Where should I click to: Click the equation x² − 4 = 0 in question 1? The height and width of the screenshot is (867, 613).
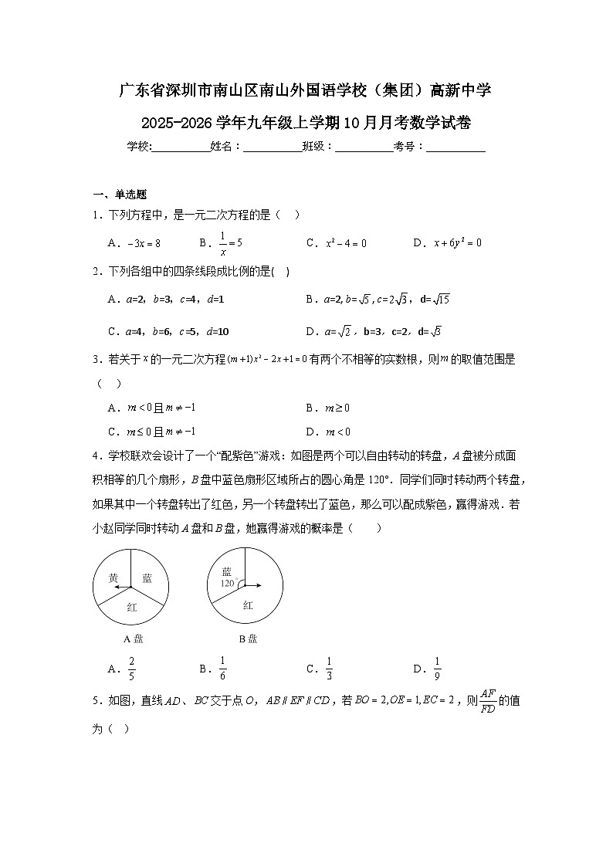346,243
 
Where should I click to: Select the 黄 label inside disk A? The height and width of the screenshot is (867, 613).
113,578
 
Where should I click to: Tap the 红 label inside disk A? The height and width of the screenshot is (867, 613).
131,608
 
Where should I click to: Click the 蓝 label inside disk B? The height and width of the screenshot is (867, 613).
227,571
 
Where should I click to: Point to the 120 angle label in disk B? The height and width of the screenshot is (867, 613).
227,584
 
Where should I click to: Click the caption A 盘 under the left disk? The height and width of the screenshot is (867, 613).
134,638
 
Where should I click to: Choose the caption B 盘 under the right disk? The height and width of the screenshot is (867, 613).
248,638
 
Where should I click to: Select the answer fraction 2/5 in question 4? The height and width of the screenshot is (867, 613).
132,669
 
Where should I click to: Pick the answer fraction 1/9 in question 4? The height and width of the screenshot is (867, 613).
437,669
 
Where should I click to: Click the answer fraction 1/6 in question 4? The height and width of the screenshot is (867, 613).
223,669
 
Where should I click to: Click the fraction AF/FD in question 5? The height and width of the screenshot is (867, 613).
487,700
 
